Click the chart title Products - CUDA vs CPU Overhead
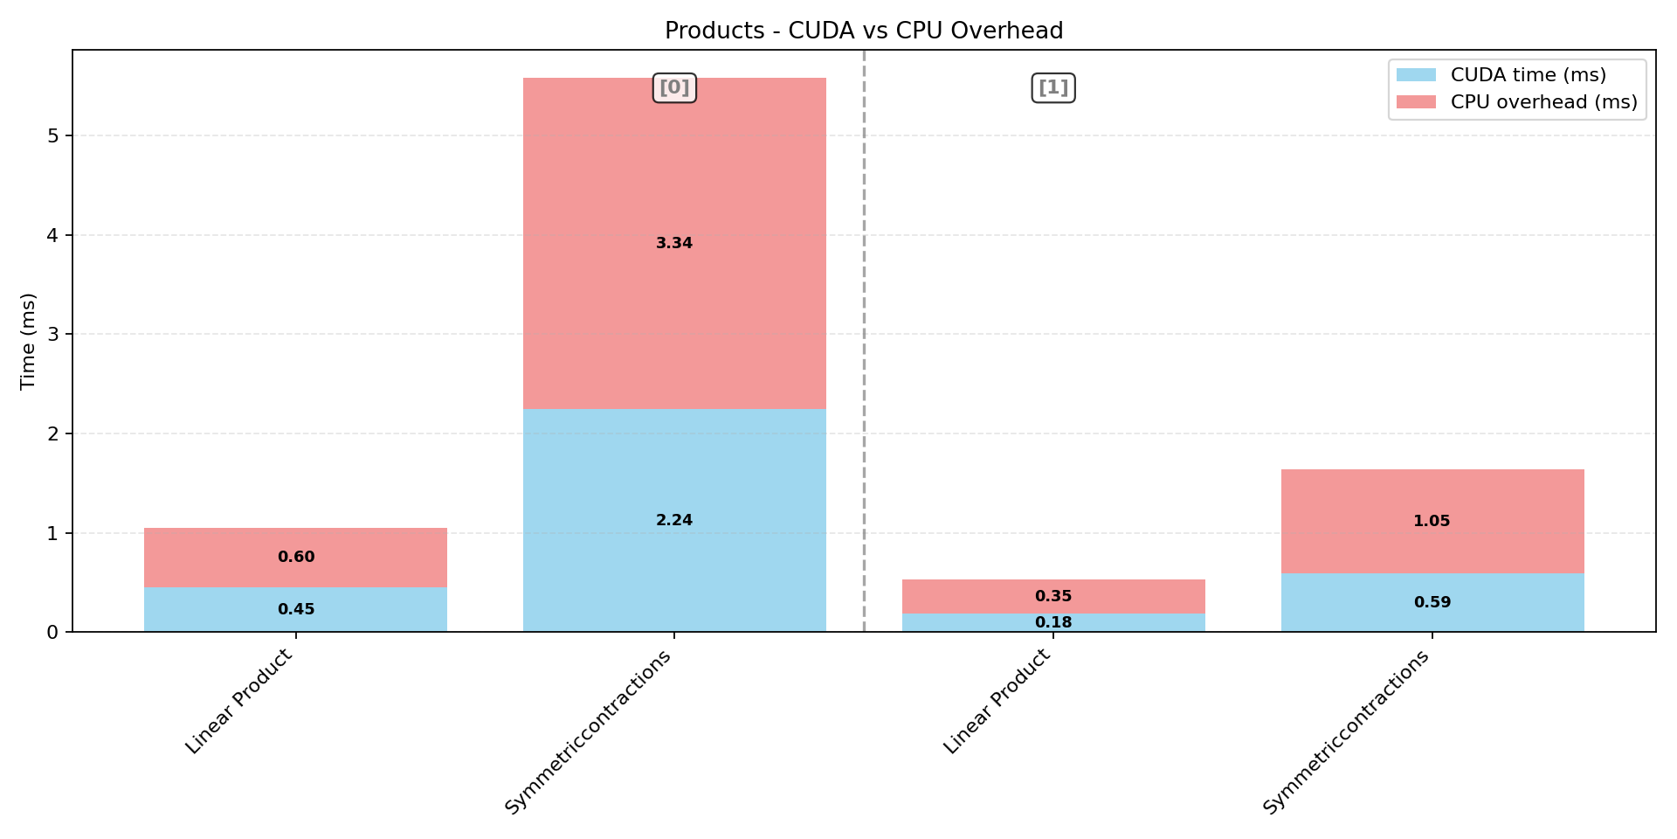864,31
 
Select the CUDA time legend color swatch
1416,75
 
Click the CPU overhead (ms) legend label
1543,102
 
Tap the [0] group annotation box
674,87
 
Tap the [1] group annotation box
1052,87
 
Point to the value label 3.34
674,243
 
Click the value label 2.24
674,520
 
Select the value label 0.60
296,557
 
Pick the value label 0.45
296,609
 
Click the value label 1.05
1432,521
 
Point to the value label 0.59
1432,602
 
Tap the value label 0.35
1052,596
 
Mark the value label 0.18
1052,622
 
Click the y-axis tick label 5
53,135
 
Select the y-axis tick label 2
53,433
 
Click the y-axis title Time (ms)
28,341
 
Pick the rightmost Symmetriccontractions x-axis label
1346,732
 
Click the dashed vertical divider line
864,350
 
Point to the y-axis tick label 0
53,632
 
